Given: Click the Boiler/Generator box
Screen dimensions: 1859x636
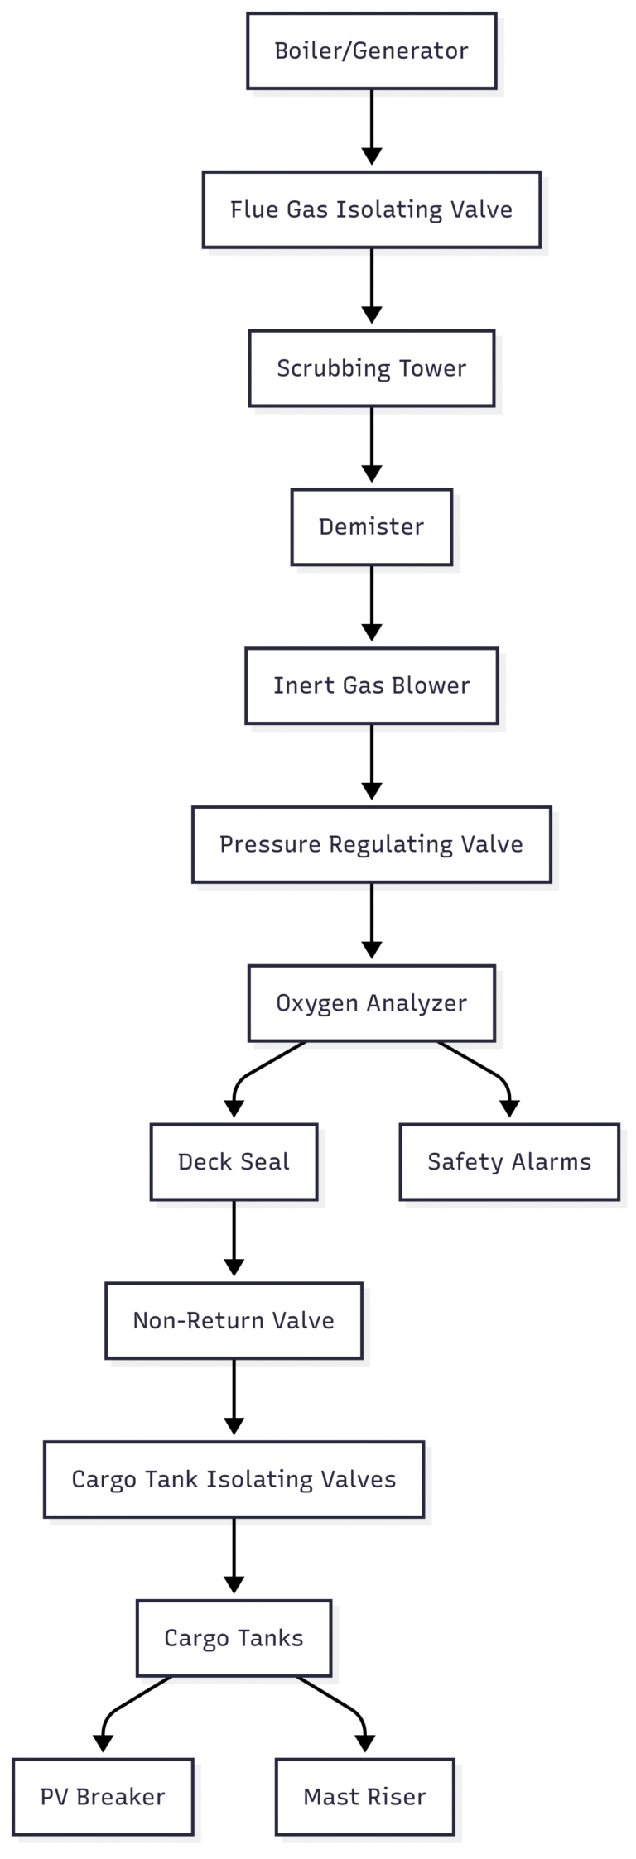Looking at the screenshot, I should (371, 50).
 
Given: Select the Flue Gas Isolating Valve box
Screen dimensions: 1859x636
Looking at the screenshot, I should (371, 209).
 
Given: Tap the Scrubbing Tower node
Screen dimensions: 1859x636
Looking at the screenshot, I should (371, 368).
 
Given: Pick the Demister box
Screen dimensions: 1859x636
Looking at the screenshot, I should (371, 526).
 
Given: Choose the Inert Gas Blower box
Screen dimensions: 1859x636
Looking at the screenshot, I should (371, 685).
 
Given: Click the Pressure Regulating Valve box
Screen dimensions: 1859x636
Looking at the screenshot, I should (371, 844).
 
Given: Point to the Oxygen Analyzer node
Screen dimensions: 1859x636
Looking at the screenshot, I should (371, 1003).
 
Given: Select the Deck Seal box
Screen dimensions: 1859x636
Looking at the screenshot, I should (234, 1161).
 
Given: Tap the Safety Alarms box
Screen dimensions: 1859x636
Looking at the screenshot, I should (508, 1161).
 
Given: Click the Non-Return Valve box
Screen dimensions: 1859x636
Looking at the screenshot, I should (234, 1320).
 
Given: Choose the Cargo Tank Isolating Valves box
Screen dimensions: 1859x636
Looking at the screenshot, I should (234, 1479).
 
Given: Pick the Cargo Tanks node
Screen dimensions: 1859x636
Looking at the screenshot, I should (234, 1638).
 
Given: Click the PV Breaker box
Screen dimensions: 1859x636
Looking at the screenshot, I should (103, 1797).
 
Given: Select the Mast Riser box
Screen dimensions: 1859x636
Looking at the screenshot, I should (364, 1797).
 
